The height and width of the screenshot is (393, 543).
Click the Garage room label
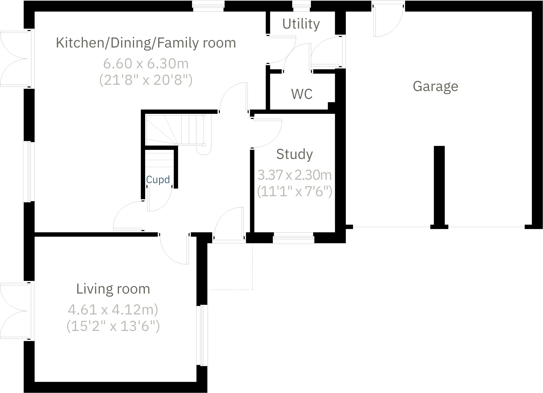coord(435,86)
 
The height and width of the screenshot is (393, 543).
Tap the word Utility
coord(301,24)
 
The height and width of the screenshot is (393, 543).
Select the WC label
coord(302,94)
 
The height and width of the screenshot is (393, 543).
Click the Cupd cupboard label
coord(158,180)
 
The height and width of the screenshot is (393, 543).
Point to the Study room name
coord(294,154)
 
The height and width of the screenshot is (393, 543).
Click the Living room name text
coord(113,289)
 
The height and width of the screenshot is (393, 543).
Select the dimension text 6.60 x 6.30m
coord(146,63)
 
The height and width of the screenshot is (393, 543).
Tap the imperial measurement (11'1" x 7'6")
coord(295,191)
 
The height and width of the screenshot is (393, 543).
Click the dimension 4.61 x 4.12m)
coord(113,310)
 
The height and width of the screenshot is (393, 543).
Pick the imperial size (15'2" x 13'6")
coord(113,326)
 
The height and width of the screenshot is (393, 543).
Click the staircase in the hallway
coord(175,130)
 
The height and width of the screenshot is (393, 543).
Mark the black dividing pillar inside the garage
coord(439,186)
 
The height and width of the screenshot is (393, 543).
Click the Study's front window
coord(293,238)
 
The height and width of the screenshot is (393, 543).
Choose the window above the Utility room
coord(302,6)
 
